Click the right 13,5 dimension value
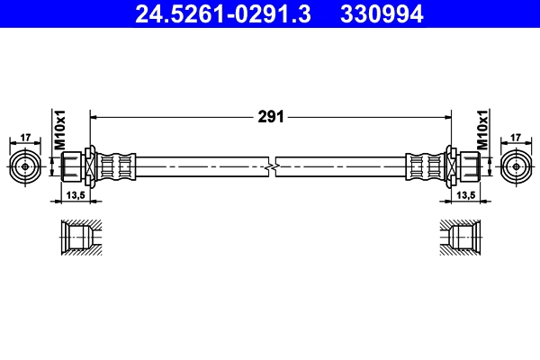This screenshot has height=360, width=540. click(x=465, y=194)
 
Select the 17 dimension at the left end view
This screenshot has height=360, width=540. click(x=24, y=138)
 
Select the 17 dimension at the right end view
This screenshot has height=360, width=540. click(x=516, y=138)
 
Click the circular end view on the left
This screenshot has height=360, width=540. click(x=24, y=166)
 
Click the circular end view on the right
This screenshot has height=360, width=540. click(x=516, y=166)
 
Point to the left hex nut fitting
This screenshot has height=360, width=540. click(x=76, y=166)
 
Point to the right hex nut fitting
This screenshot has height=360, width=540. click(x=464, y=166)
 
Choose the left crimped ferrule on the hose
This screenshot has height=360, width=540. click(x=116, y=166)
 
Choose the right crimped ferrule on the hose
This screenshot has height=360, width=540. click(x=423, y=166)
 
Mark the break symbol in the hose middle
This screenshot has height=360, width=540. click(x=272, y=166)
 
